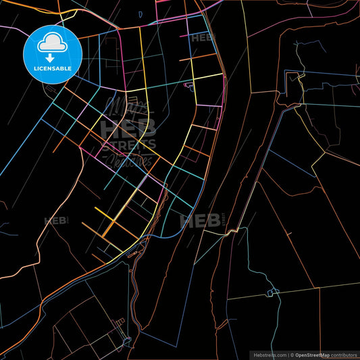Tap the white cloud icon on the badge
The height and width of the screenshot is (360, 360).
[53, 43]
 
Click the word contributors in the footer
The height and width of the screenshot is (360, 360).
[342, 355]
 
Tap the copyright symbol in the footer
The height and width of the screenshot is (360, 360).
[292, 355]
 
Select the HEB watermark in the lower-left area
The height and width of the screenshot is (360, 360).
[55, 221]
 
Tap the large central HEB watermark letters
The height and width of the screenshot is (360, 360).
[128, 128]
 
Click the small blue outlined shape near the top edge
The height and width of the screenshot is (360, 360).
[140, 14]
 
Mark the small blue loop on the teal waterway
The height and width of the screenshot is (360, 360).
[273, 292]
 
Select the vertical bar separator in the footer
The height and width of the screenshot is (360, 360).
[288, 355]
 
